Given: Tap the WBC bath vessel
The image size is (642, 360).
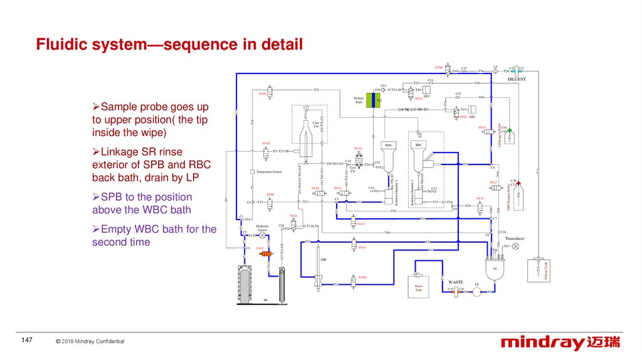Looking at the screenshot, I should tap(388, 160).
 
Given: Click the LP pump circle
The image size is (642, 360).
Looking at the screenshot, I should tap(476, 291).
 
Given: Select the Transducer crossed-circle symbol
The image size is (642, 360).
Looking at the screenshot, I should tap(516, 246).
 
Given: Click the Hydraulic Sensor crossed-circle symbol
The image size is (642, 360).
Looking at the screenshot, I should tap(263, 235).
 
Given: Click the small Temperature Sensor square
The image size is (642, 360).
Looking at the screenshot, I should tap(251, 171).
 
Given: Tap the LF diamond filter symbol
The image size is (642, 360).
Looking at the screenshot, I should tap(495, 71).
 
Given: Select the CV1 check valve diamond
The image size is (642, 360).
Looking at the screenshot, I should tap(384, 90).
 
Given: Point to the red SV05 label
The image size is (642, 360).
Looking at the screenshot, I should tap(263, 93).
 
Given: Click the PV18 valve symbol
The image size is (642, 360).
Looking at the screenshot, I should tap(358, 156).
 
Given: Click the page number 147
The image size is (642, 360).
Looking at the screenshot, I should tap(26, 340).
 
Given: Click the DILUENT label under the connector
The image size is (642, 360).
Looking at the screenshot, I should tap(517, 80).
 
